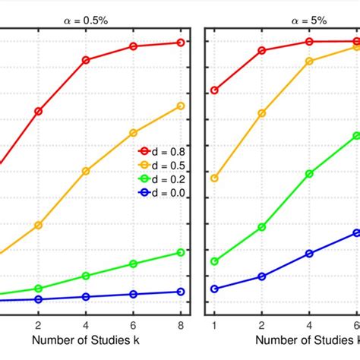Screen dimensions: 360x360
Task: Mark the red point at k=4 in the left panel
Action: point(86,59)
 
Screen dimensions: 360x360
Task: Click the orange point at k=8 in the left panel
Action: point(181,106)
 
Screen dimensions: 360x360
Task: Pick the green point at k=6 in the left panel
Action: point(134,264)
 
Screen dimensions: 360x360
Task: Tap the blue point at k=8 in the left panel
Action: point(181,292)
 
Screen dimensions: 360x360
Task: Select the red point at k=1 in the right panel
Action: point(214,90)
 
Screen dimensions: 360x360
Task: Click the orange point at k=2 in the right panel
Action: point(262,113)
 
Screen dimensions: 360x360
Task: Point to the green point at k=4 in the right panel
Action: point(309,174)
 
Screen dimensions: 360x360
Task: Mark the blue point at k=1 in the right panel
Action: point(214,289)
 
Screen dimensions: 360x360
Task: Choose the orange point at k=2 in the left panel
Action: point(39,225)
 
